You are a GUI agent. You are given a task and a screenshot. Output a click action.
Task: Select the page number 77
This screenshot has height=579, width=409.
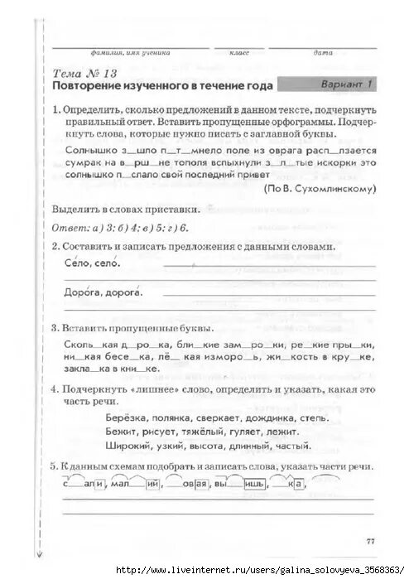369,542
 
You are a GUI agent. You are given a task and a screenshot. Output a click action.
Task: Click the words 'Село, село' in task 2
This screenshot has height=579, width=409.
91,263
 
